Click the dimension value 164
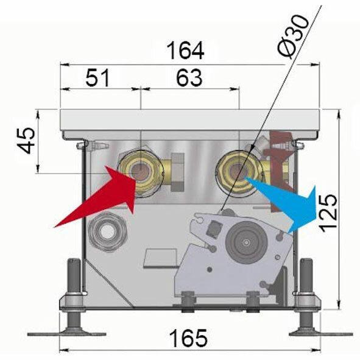[185, 51]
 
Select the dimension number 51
[97, 78]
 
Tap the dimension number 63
[189, 78]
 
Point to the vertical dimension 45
[26, 141]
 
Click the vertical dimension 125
[328, 213]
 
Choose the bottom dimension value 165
[188, 338]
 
